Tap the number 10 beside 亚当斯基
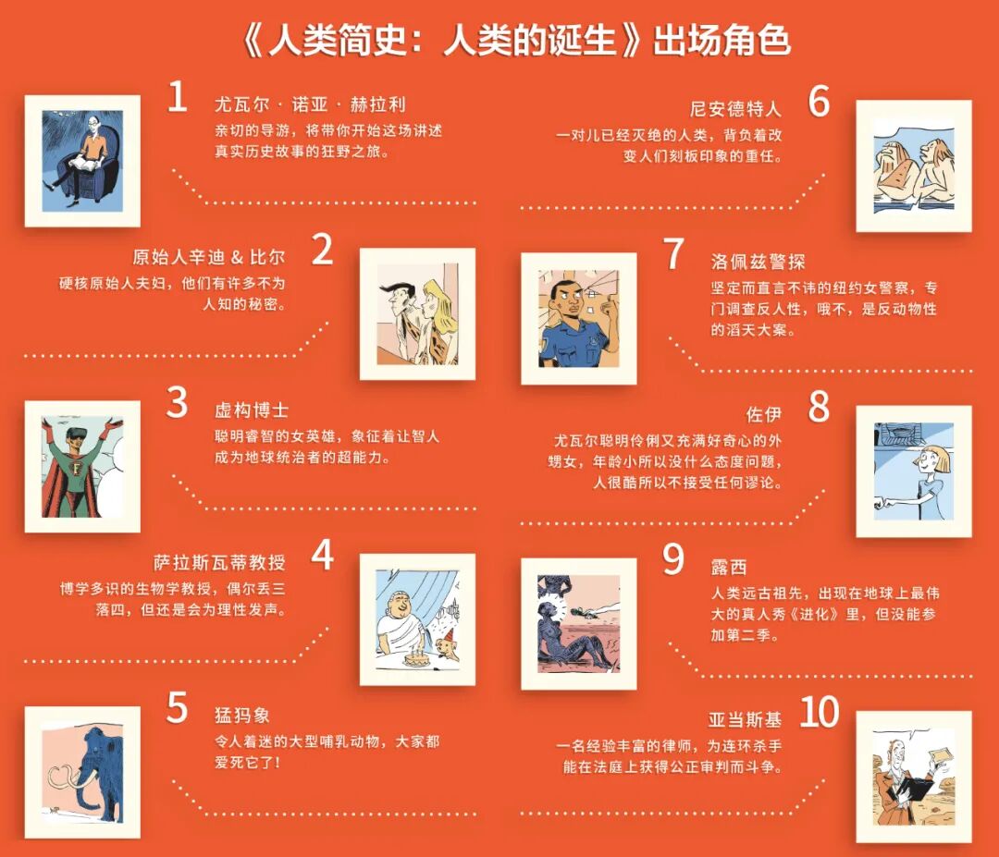pyautogui.click(x=820, y=712)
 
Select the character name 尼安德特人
pyautogui.click(x=735, y=109)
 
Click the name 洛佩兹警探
pyautogui.click(x=758, y=262)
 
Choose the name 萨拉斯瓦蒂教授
pyautogui.click(x=220, y=562)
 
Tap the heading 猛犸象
pyautogui.click(x=242, y=715)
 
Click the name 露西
pyautogui.click(x=729, y=567)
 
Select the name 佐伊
pyautogui.click(x=763, y=414)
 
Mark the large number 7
pyautogui.click(x=674, y=253)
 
